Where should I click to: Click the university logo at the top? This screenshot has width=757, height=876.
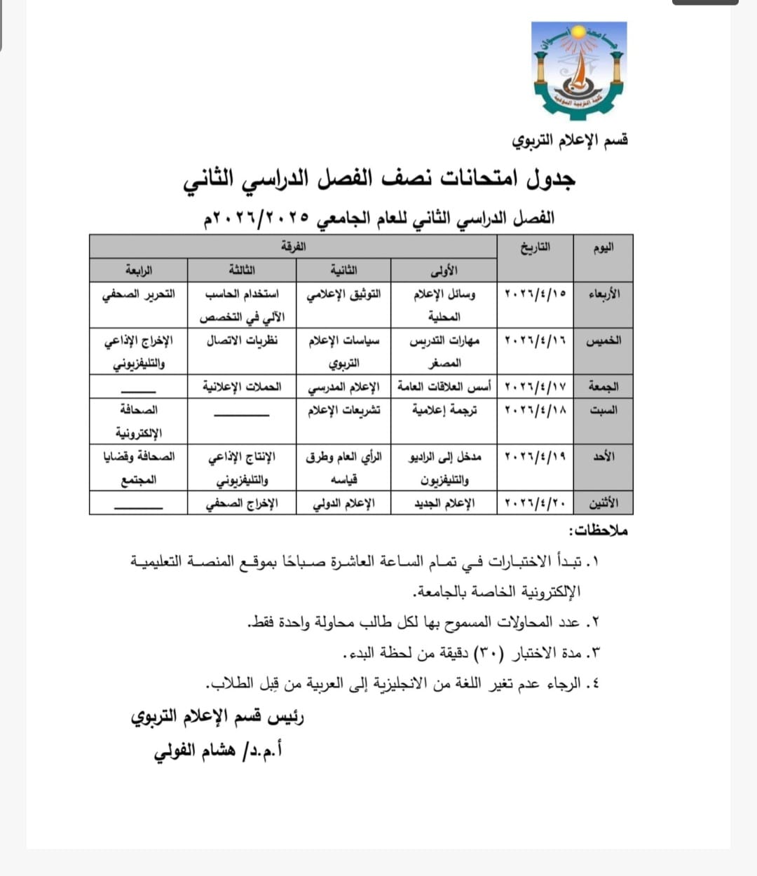579,70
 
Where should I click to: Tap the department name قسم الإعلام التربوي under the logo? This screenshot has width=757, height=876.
570,140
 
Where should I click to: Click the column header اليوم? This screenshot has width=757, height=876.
603,247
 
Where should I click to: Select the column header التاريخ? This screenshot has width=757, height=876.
535,247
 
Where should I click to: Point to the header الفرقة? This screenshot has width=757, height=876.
293,247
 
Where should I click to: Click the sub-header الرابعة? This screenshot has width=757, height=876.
139,270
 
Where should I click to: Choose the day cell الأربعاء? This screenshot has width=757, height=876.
603,294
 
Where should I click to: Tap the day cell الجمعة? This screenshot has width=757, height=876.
603,386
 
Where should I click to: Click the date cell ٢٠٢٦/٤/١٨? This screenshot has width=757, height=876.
536,410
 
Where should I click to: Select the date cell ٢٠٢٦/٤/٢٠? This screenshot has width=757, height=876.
536,503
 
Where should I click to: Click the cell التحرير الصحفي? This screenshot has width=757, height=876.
139,294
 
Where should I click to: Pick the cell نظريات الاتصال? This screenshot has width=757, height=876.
242,341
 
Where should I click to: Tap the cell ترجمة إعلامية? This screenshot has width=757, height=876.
444,410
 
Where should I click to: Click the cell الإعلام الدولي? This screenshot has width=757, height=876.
343,503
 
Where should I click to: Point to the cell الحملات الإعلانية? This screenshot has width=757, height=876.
242,386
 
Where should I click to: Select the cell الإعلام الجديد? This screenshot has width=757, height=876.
444,503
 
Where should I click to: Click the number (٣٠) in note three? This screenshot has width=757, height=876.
487,653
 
